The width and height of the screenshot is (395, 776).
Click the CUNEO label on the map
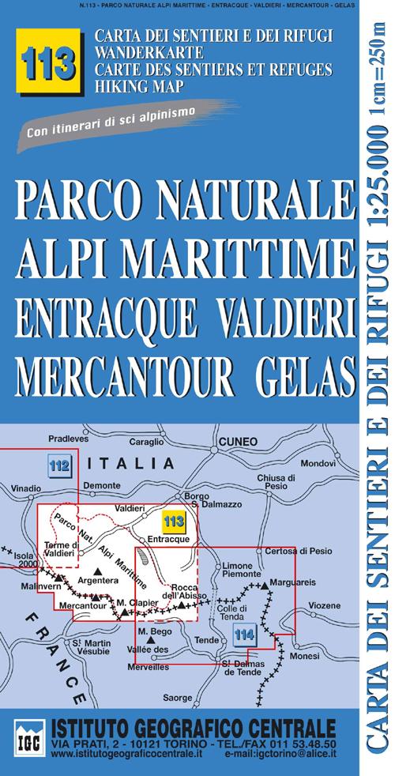(x=238, y=441)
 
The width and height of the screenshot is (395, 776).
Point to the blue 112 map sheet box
(x=60, y=465)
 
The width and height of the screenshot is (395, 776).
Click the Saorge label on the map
(x=177, y=698)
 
